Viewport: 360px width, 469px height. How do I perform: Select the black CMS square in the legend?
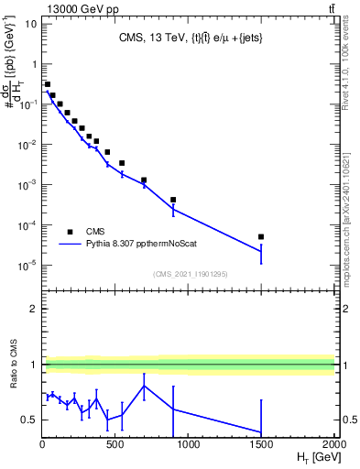tap(70, 231)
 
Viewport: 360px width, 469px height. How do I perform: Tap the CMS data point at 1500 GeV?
tap(261, 237)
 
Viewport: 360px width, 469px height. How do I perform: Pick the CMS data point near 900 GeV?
tap(173, 200)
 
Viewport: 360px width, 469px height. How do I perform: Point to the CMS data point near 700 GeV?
tap(144, 180)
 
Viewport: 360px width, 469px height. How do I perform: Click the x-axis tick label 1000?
tap(188, 445)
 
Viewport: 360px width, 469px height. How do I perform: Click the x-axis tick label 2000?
tap(333, 445)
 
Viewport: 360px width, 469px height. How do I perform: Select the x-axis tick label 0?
tap(42, 445)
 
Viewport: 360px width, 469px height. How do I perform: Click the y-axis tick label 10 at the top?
tap(30, 24)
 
